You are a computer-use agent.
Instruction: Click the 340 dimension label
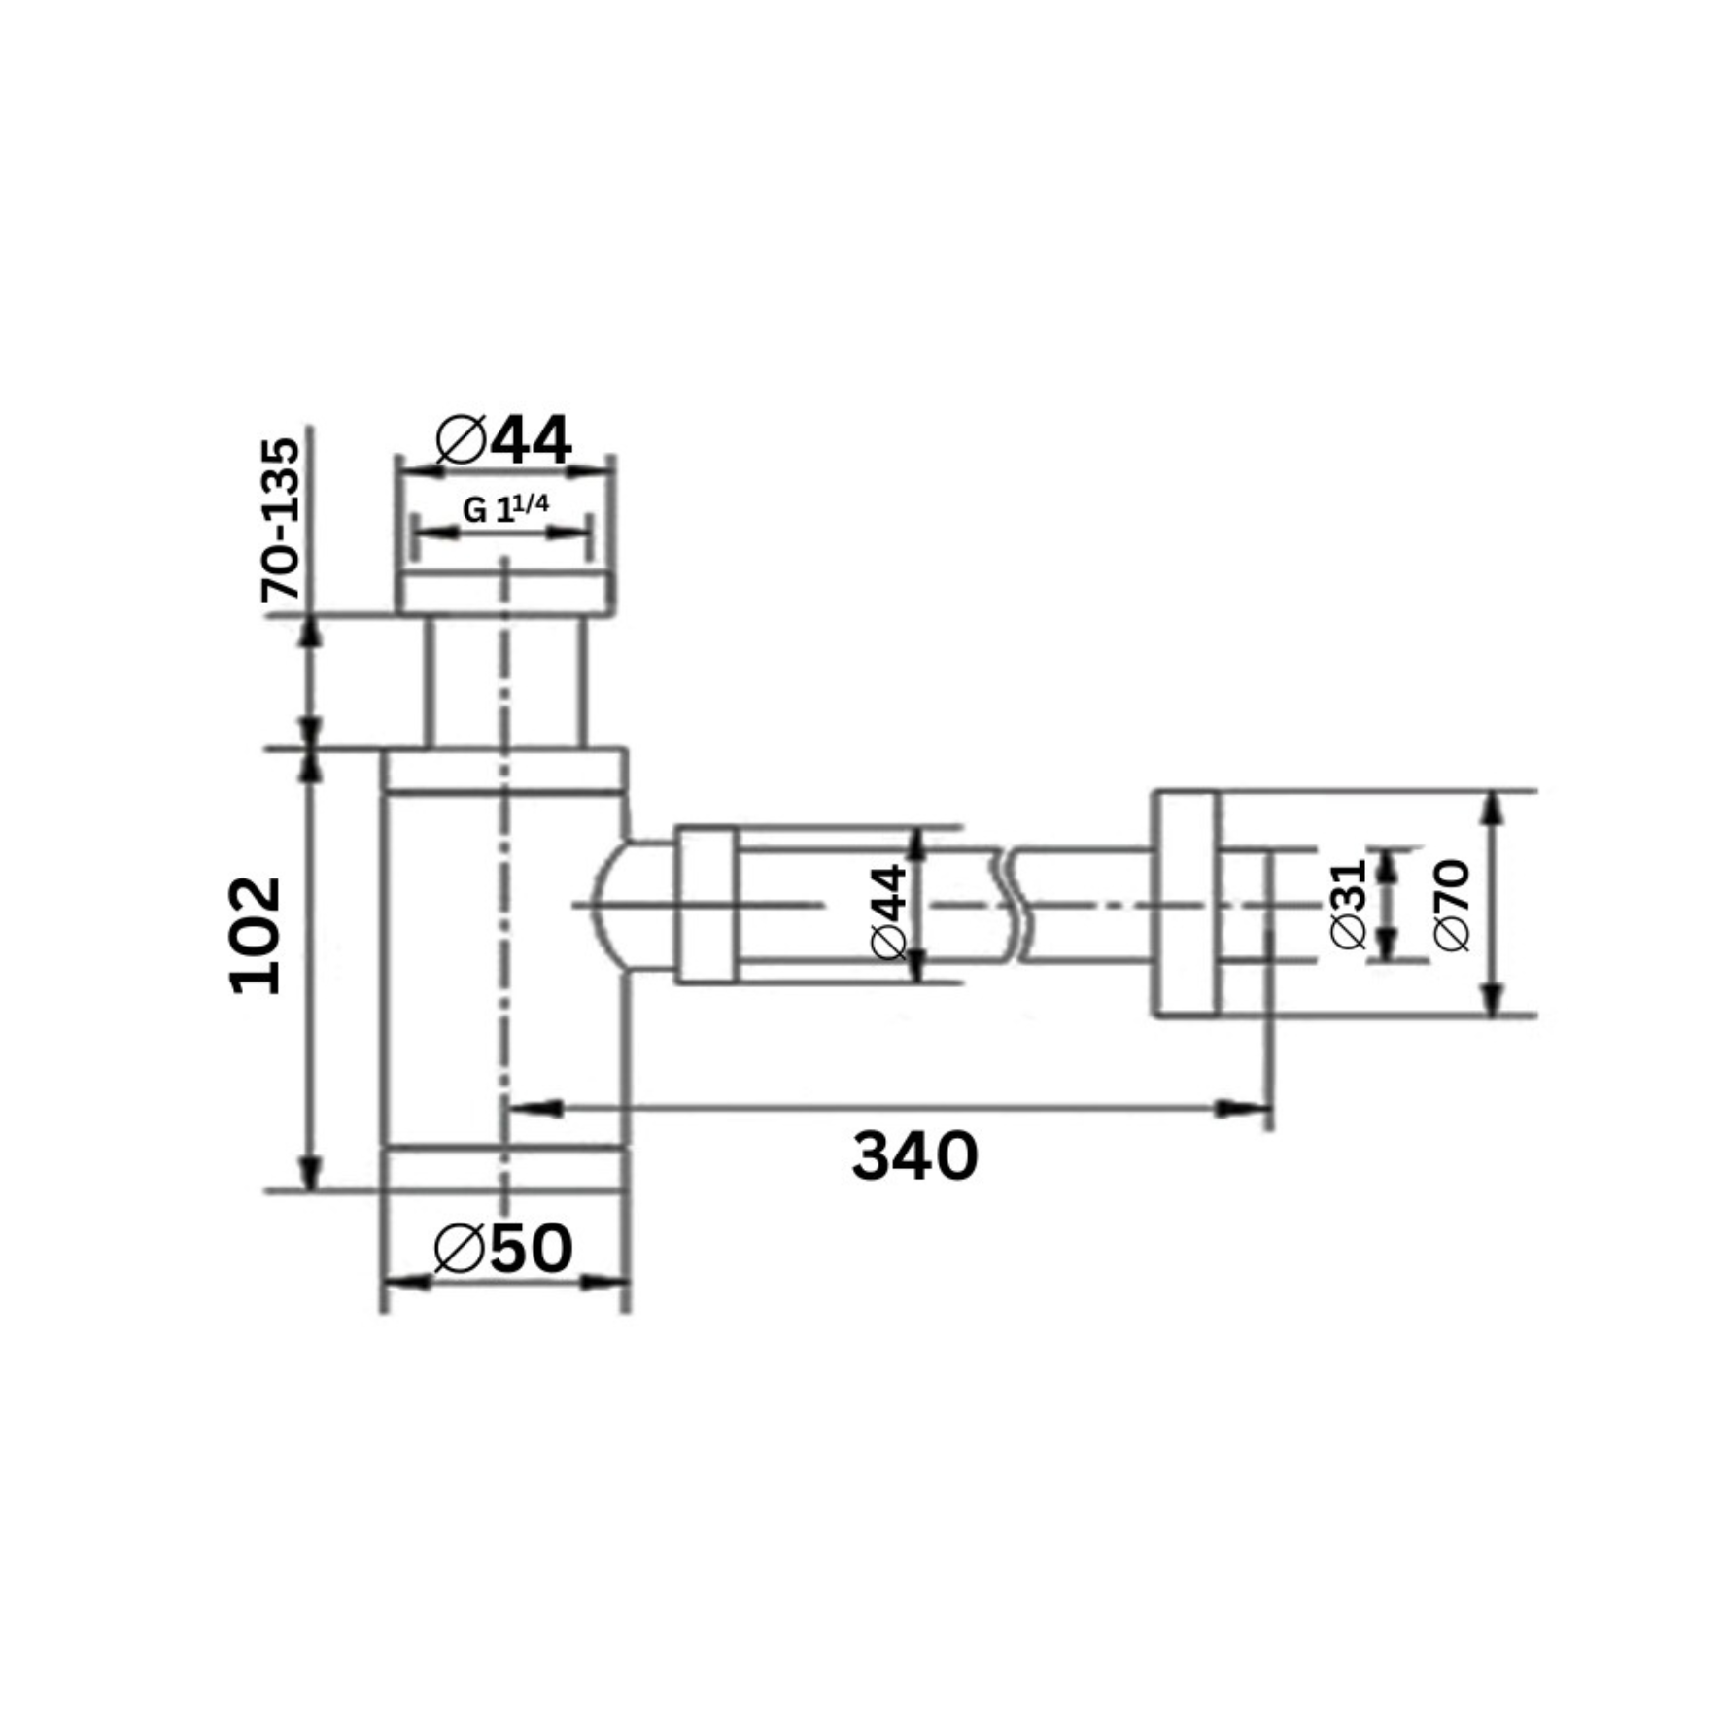[914, 1156]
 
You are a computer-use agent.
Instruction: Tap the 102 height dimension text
[256, 936]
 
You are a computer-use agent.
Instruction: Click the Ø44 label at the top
[503, 440]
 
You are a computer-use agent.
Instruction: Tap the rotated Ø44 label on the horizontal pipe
[890, 912]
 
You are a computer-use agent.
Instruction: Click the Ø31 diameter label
[1350, 904]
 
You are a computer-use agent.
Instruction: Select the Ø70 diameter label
[1453, 906]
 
